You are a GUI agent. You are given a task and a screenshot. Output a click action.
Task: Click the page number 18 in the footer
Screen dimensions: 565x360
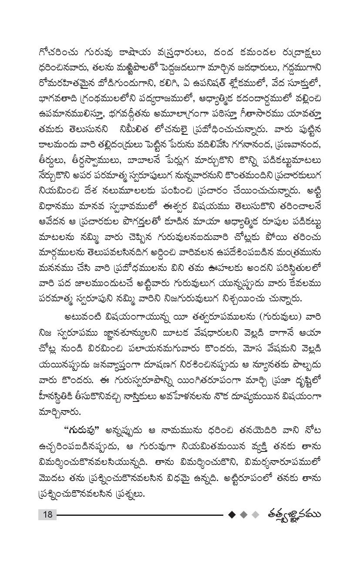(47, 515)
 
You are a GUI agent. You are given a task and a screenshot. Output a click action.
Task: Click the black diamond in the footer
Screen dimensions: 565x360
(232, 515)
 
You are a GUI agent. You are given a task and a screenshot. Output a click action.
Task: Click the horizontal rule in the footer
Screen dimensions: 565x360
(139, 515)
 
